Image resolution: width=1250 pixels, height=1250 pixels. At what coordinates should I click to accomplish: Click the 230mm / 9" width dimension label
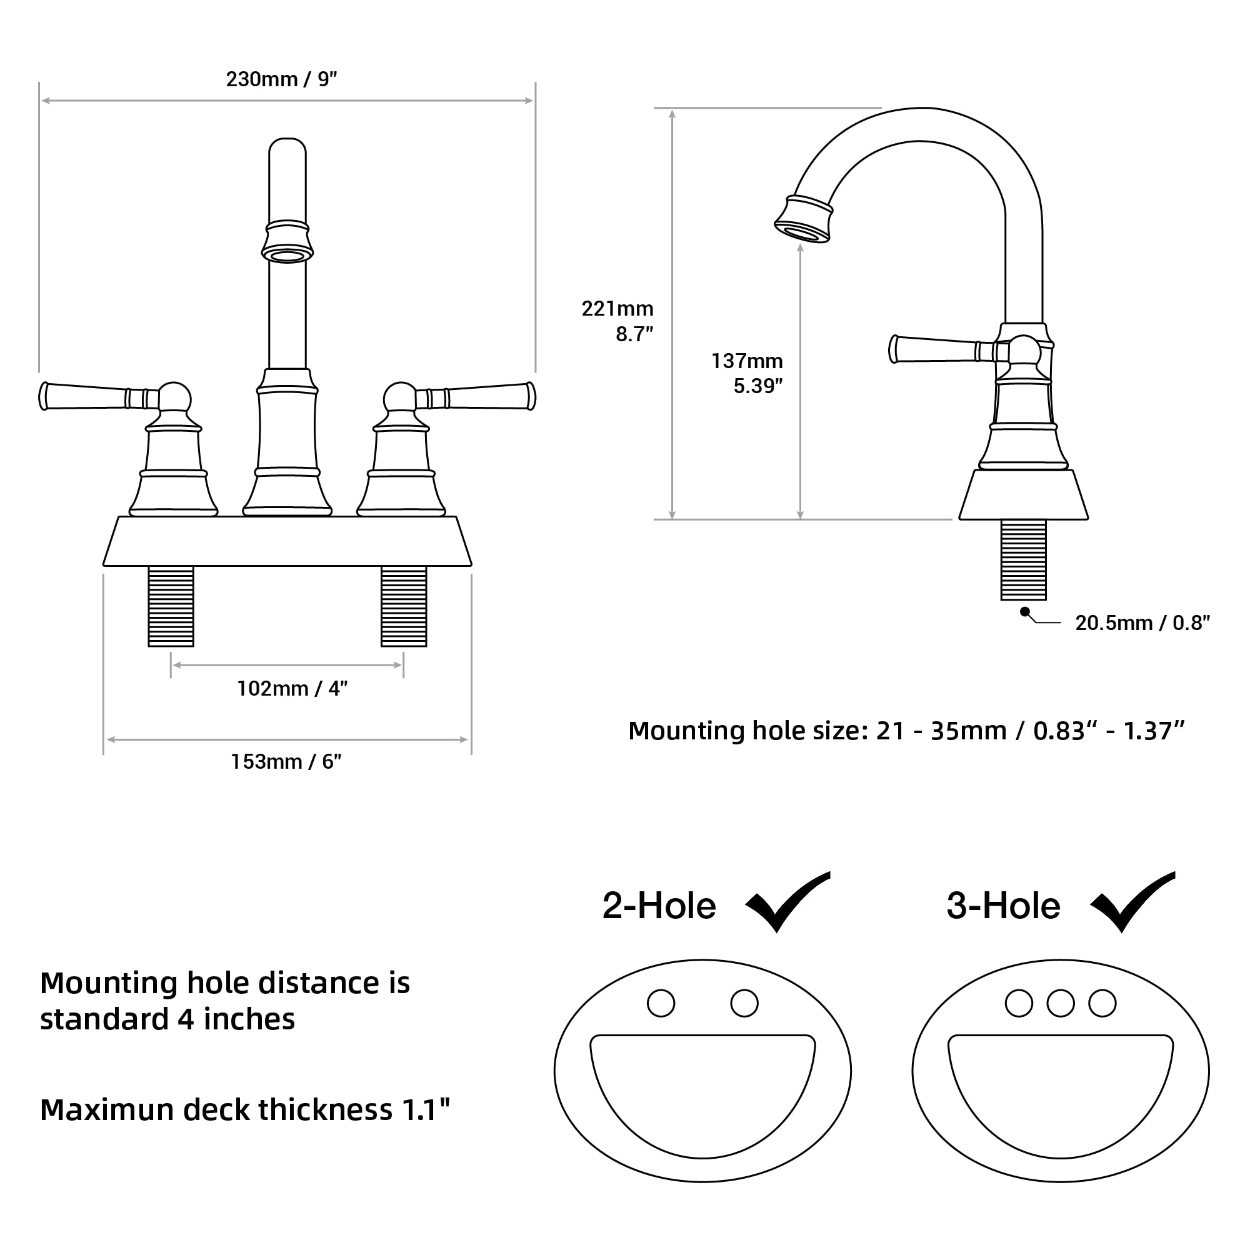coord(281,79)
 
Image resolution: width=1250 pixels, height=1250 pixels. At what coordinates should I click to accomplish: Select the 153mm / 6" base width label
coord(286,761)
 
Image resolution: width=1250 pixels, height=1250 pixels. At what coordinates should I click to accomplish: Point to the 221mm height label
coord(617,309)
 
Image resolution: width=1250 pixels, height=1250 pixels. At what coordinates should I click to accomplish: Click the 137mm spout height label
coord(747,361)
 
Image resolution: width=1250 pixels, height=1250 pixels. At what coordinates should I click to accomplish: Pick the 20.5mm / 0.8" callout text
coord(1142,622)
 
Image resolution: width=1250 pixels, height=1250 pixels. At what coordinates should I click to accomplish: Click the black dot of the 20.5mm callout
coord(1024,611)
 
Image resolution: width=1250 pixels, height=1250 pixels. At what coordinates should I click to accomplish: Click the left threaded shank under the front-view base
coord(171,606)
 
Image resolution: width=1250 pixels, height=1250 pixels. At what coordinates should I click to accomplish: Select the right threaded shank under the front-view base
coord(404,606)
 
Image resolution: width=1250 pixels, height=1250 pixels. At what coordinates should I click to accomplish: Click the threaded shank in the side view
coord(1023,559)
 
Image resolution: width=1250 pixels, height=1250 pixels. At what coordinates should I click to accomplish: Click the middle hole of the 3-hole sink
coord(1061,1004)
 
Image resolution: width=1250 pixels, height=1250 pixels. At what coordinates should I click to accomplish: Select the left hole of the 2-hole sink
coord(661,1004)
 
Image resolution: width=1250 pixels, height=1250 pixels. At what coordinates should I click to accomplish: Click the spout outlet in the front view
coord(287,256)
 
